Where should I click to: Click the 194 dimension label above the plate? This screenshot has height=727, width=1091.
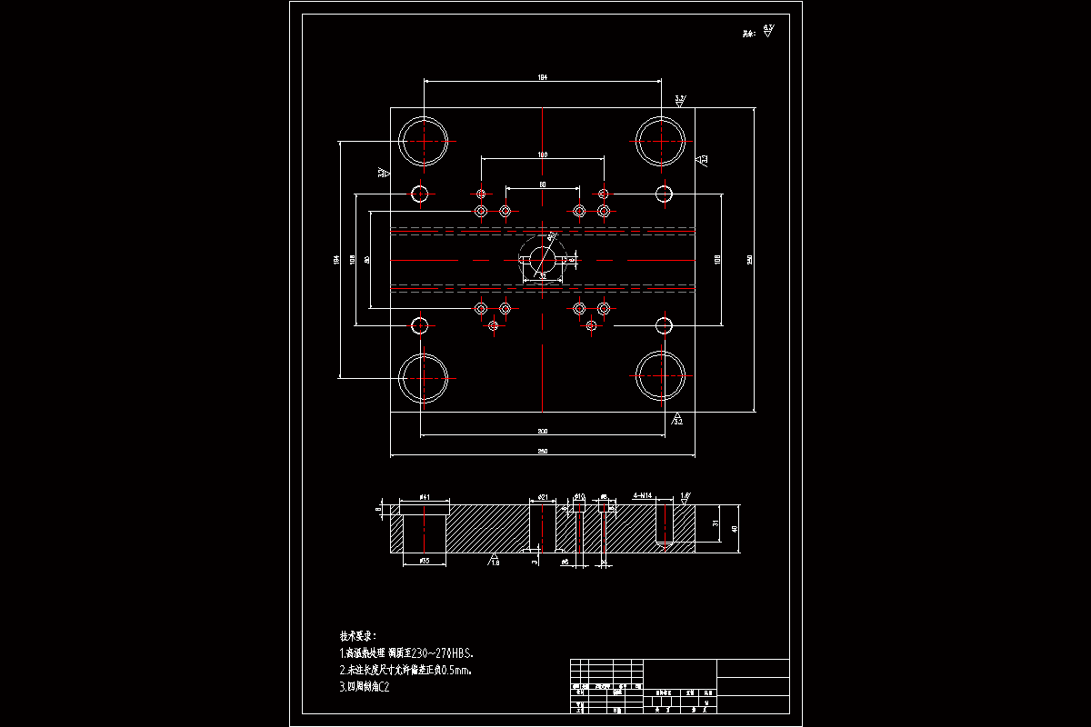pos(543,77)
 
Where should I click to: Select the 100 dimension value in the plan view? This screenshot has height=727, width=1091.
pos(543,154)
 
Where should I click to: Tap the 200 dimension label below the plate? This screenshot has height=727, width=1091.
pos(543,431)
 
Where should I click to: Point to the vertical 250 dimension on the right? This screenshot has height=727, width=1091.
pos(750,259)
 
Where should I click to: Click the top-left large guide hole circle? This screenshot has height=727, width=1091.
pos(424,141)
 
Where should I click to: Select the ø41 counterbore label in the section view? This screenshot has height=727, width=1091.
pos(425,498)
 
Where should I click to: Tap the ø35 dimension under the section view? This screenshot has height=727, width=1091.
pos(425,562)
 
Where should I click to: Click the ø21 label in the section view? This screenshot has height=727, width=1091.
pos(542,497)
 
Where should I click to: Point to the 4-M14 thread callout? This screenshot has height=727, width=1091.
pos(643,496)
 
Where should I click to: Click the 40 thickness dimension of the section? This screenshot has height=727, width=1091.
pos(735,528)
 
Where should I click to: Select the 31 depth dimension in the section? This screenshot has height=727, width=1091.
pos(717,524)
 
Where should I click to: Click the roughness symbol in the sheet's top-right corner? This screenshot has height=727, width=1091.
pos(768,31)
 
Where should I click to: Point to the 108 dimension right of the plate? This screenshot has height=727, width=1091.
pos(718,259)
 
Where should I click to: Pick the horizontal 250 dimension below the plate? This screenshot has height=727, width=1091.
pos(543,452)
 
